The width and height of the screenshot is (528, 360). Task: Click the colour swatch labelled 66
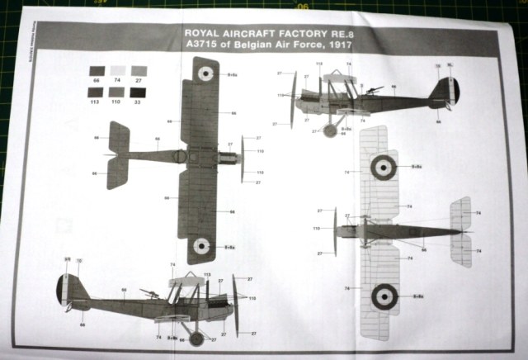pyautogui.click(x=97, y=71)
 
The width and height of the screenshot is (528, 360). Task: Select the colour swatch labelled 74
pyautogui.click(x=119, y=71)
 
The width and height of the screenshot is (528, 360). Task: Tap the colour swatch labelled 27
pyautogui.click(x=139, y=71)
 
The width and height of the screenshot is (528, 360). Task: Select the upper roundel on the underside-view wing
pyautogui.click(x=384, y=168)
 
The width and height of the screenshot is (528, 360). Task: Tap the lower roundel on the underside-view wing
pyautogui.click(x=384, y=296)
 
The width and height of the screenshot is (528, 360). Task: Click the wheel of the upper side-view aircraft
pyautogui.click(x=332, y=130)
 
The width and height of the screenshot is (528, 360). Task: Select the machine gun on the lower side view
pyautogui.click(x=150, y=292)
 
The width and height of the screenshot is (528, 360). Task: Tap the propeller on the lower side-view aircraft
pyautogui.click(x=234, y=306)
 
